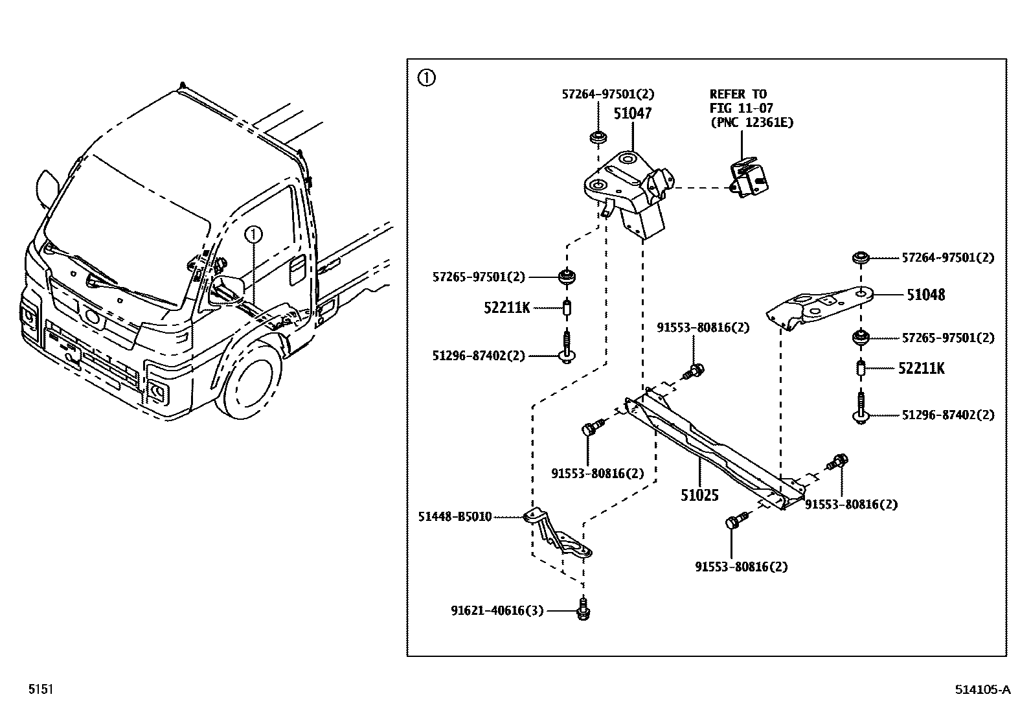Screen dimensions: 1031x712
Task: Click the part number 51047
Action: point(633,113)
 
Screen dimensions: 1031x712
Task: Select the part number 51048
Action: point(925,295)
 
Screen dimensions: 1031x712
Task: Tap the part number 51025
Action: point(699,495)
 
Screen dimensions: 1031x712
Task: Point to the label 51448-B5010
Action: point(455,517)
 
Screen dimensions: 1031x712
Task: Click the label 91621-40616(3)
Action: point(497,611)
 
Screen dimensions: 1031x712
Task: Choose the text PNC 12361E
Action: point(752,122)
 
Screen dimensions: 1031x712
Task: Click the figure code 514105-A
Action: point(982,689)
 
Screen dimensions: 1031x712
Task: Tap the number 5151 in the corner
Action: point(41,689)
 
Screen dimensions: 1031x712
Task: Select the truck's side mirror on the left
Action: point(47,189)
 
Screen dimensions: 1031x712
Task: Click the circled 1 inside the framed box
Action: point(426,78)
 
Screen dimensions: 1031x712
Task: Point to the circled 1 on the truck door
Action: point(254,235)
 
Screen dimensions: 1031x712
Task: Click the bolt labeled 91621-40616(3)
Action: point(583,609)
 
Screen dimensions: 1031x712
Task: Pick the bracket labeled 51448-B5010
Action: point(557,534)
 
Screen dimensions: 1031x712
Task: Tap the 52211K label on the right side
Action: point(921,369)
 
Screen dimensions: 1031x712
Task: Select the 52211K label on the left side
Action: point(506,308)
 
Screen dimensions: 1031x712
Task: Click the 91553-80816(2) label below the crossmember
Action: point(742,567)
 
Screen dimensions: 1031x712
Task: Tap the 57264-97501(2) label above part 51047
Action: point(608,95)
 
